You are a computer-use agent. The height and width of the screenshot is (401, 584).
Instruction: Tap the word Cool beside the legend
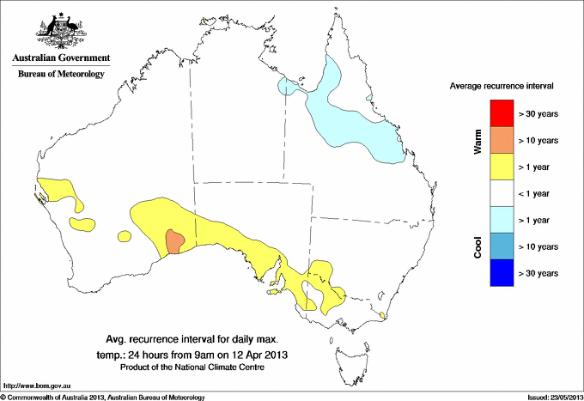(478, 246)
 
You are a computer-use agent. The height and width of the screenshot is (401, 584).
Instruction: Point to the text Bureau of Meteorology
(61, 75)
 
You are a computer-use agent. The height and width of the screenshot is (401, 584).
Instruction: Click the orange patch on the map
(174, 241)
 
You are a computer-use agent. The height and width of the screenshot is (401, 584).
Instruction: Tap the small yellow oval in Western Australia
(82, 224)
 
